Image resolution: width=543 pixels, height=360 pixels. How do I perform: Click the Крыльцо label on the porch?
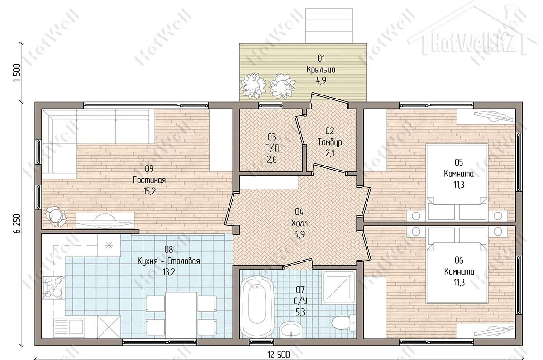click(x=321, y=70)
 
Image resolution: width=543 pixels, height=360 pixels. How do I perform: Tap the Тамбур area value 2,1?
click(x=330, y=153)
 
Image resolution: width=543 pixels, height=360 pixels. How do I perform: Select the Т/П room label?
click(x=272, y=148)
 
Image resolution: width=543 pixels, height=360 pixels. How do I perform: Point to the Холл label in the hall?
click(x=300, y=223)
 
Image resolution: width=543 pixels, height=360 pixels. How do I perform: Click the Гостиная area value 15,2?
click(x=150, y=191)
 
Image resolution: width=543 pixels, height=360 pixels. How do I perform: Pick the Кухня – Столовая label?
click(x=169, y=261)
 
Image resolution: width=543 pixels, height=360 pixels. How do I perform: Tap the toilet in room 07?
click(x=344, y=322)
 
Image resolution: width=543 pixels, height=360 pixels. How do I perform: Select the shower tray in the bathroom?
click(x=339, y=288)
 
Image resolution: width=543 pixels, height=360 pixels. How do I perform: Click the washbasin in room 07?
click(x=291, y=330)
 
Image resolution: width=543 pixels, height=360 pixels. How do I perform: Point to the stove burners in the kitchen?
click(x=53, y=288)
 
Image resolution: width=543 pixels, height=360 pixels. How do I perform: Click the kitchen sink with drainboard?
click(x=69, y=326)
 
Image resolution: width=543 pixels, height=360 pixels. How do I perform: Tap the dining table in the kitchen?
click(x=181, y=315)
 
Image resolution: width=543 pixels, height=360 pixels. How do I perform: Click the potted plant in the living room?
click(x=56, y=216)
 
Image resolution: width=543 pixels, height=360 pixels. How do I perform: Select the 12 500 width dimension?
click(x=279, y=355)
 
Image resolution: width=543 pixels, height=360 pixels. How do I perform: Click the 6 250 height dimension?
click(x=17, y=224)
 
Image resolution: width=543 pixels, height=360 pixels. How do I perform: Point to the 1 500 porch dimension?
click(x=17, y=73)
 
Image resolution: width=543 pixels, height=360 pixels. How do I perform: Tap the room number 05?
click(x=459, y=162)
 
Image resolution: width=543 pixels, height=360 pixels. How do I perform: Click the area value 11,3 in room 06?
click(x=459, y=283)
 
